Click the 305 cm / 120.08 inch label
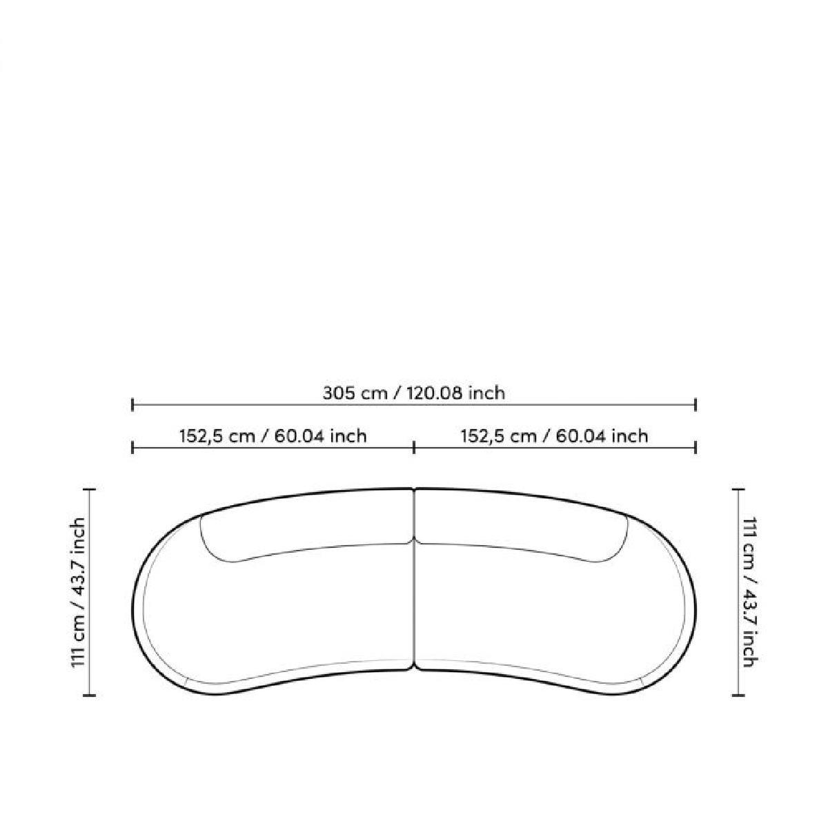[x=413, y=393]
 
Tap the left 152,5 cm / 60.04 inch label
[x=273, y=436]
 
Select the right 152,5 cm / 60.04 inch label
[x=554, y=436]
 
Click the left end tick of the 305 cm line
[x=132, y=404]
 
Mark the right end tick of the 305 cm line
[x=696, y=404]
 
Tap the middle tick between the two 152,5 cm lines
[x=414, y=448]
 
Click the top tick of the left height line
[x=90, y=489]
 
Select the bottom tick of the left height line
[x=90, y=707]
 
